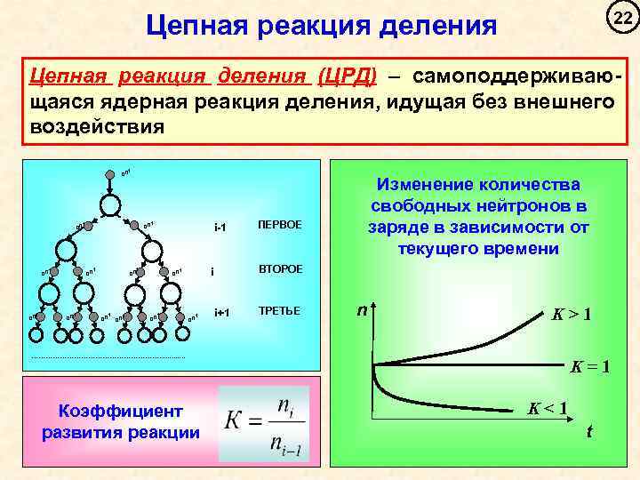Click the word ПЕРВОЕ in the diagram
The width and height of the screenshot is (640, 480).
tap(279, 225)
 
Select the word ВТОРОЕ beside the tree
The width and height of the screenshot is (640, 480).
tap(279, 268)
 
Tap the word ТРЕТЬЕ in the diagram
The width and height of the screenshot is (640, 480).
tap(277, 311)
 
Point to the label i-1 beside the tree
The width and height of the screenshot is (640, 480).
tap(220, 227)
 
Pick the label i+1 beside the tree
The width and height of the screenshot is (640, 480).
tap(221, 312)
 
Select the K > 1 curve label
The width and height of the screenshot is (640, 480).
tap(572, 314)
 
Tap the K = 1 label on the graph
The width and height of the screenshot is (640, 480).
tap(589, 364)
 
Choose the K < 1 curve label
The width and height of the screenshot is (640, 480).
tap(548, 408)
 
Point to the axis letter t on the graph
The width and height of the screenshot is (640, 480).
tap(588, 432)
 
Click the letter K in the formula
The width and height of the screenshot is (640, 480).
tap(235, 421)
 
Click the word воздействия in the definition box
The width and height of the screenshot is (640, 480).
tap(98, 124)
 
